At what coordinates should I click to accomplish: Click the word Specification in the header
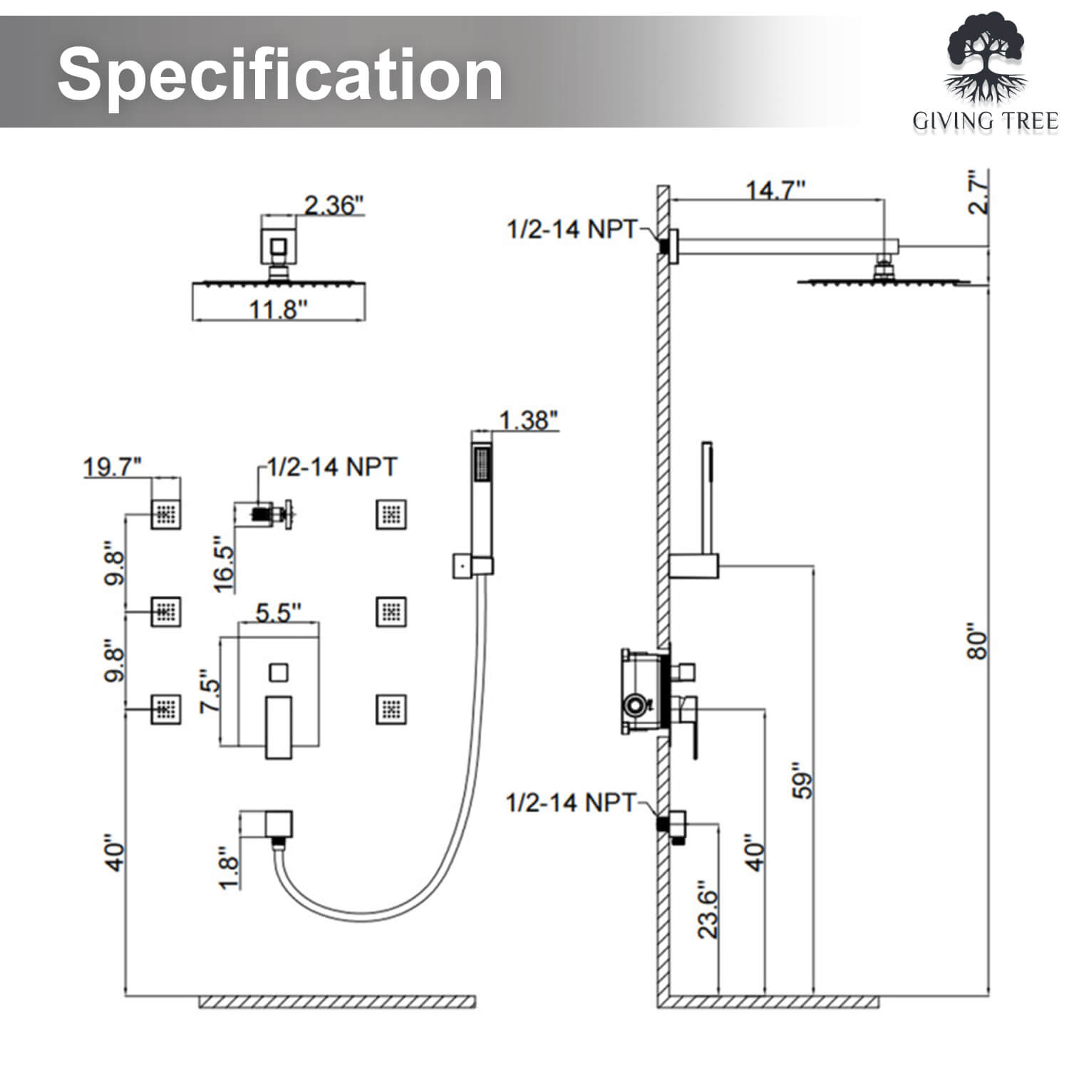[x=280, y=74]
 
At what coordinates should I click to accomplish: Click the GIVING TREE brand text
[x=986, y=122]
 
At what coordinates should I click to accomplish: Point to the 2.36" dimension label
[x=334, y=205]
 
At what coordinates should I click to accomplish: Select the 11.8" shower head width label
[x=278, y=310]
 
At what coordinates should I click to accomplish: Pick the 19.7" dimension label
[x=112, y=468]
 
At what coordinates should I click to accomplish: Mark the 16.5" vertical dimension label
[x=224, y=564]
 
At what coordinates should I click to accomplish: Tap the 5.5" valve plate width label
[x=278, y=612]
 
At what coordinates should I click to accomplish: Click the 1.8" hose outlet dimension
[x=228, y=867]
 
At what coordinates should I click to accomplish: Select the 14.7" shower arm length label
[x=775, y=190]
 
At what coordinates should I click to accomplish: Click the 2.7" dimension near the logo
[x=979, y=192]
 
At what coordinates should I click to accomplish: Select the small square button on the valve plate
[x=278, y=672]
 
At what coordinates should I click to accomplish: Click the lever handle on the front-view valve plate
[x=278, y=727]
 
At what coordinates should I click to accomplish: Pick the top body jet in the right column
[x=391, y=514]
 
